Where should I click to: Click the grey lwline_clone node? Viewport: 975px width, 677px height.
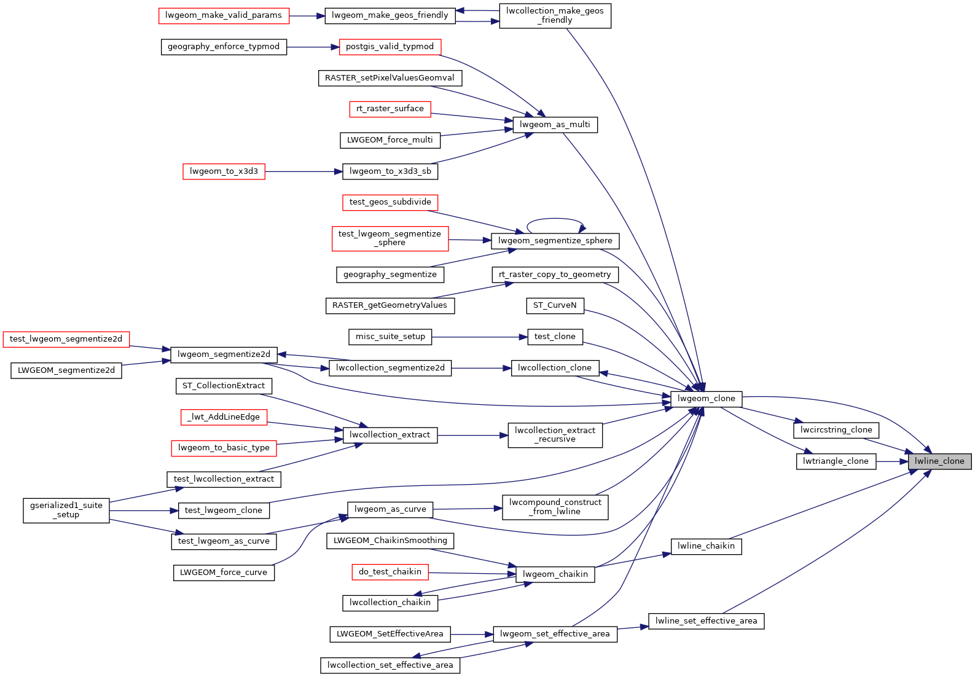(x=939, y=461)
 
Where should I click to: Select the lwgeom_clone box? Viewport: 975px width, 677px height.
(x=706, y=399)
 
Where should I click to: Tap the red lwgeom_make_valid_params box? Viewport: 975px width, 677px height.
(x=224, y=15)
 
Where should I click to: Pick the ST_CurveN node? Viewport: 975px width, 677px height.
(x=555, y=305)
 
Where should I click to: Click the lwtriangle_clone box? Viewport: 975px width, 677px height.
(x=836, y=461)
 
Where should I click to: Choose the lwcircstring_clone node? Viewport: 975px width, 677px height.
(x=836, y=430)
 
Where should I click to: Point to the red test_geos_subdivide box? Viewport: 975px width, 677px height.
(x=390, y=202)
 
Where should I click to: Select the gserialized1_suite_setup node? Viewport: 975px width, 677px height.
(x=66, y=510)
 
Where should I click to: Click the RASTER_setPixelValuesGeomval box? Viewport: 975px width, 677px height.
(x=390, y=78)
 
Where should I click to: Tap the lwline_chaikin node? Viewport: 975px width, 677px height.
(x=706, y=546)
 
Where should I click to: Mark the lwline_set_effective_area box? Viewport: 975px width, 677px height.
(x=706, y=621)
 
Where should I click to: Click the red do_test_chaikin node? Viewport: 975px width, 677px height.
(x=390, y=572)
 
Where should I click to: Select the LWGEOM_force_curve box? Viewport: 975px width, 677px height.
(x=224, y=573)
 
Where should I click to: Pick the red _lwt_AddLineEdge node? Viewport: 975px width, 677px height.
(x=224, y=417)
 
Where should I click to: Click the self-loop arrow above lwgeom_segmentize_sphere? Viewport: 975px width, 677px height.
(x=555, y=219)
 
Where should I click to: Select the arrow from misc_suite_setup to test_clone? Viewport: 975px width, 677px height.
(x=479, y=337)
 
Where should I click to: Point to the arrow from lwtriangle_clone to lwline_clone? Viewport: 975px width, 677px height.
(x=892, y=461)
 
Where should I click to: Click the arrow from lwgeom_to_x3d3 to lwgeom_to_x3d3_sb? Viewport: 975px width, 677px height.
(x=303, y=171)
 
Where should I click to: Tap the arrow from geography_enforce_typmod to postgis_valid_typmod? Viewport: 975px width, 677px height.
(x=313, y=47)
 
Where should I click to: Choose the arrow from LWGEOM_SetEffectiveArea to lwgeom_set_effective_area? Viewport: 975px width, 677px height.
(x=472, y=634)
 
